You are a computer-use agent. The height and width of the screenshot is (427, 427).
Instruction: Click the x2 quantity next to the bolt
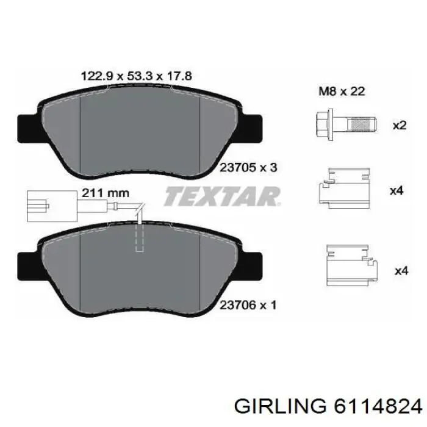(x=398, y=126)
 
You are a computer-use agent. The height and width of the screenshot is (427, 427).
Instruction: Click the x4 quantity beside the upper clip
(x=397, y=191)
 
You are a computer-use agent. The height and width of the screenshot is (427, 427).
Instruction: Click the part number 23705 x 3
(x=248, y=167)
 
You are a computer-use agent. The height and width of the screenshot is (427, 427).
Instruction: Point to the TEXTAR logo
(x=222, y=196)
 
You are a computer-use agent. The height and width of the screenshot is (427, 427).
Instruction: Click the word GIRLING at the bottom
(x=279, y=406)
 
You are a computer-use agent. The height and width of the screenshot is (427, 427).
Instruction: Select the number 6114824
(x=374, y=406)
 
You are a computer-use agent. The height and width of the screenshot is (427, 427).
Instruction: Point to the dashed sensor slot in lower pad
(x=139, y=238)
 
